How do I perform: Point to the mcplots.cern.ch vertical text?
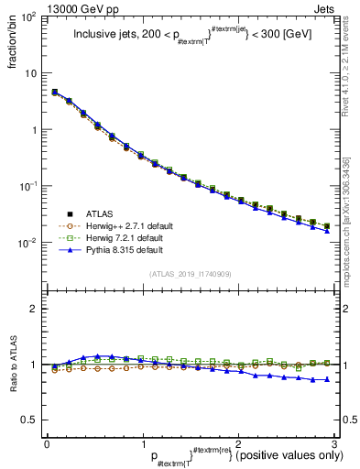[345, 220]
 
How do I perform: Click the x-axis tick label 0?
[47, 444]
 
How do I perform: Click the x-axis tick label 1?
[142, 444]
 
